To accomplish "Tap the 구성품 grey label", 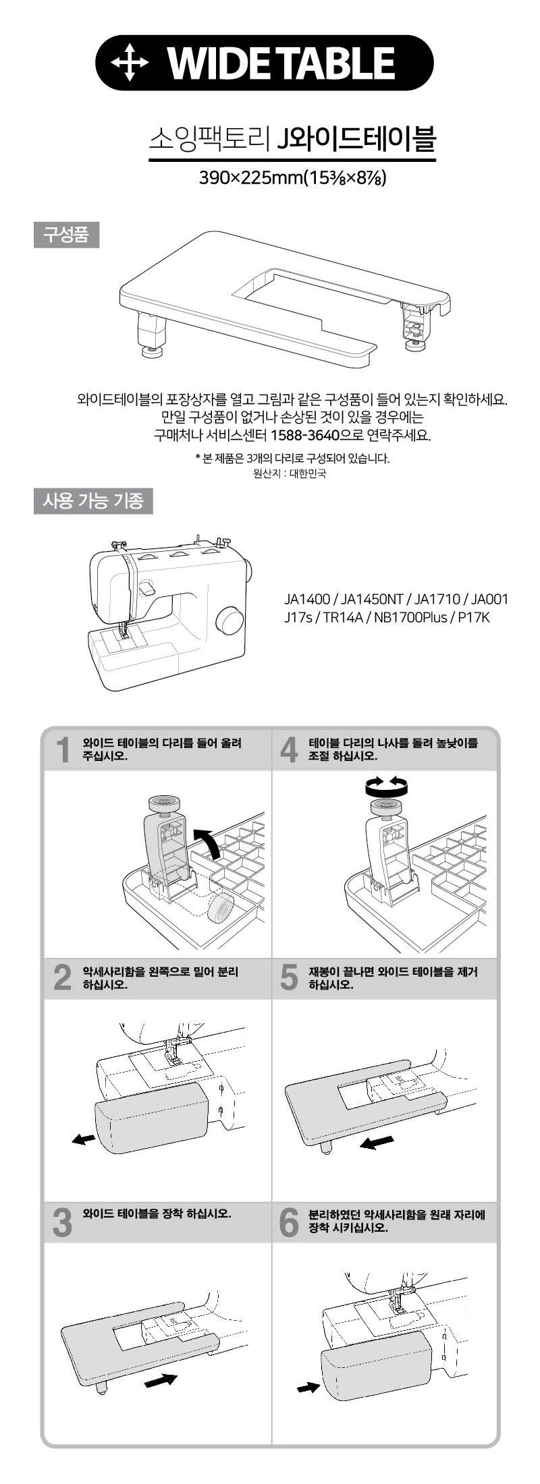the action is (66, 235).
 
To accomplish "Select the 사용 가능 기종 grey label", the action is (93, 501).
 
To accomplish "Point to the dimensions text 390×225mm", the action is (252, 178).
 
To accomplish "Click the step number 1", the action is (63, 750).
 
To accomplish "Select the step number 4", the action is (288, 750).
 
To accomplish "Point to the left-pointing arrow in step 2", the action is (82, 1139).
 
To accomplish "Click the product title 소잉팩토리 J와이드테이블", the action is (292, 140).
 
